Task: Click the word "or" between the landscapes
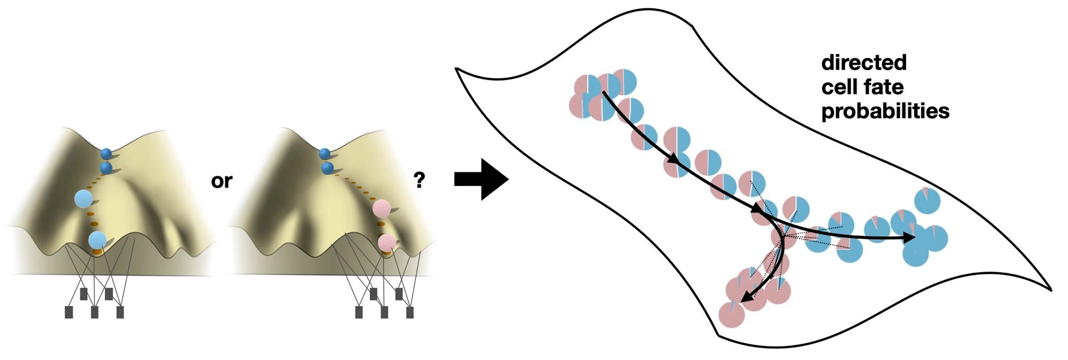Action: [221, 181]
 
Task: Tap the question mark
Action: [419, 180]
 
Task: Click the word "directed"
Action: [863, 62]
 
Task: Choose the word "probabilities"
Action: [885, 111]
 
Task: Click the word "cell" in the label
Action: [839, 87]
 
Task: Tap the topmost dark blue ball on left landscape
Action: [106, 154]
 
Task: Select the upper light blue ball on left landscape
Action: [83, 199]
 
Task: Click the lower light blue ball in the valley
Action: [97, 240]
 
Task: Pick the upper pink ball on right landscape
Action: [382, 209]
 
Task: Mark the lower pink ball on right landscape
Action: [387, 243]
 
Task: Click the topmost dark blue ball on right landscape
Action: [325, 154]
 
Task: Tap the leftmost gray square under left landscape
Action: [69, 312]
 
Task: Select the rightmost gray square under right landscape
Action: [410, 312]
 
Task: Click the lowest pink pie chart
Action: [732, 315]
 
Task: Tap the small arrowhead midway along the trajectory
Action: [673, 159]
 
